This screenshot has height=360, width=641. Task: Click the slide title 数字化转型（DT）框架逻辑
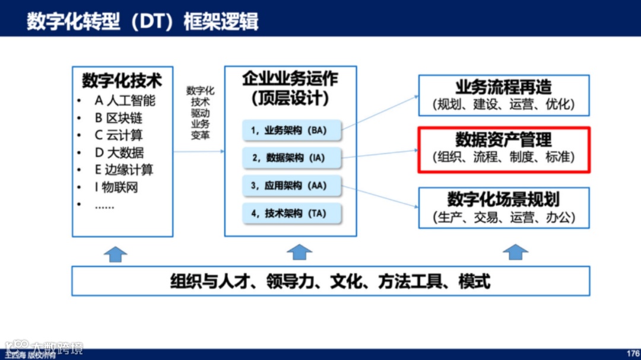pos(142,21)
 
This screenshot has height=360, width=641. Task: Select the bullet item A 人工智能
pos(125,100)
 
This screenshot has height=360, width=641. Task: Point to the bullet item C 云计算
pos(119,135)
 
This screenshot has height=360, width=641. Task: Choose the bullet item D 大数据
pos(119,152)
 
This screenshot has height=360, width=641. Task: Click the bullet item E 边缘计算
pos(124,170)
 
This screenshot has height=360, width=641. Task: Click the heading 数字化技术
pos(122,80)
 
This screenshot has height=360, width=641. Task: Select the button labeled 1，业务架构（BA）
pos(292,130)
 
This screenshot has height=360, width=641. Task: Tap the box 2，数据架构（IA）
pos(292,158)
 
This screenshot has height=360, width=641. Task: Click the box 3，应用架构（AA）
pos(292,186)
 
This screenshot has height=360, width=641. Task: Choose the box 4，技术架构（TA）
pos(292,214)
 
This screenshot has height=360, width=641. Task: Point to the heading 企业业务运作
pos(290,78)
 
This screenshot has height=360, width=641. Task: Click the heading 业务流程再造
pos(503,87)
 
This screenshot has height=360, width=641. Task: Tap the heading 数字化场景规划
pos(503,199)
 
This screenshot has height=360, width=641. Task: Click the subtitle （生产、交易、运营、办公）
pos(504,217)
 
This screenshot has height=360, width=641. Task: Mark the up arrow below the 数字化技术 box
pos(115,253)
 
